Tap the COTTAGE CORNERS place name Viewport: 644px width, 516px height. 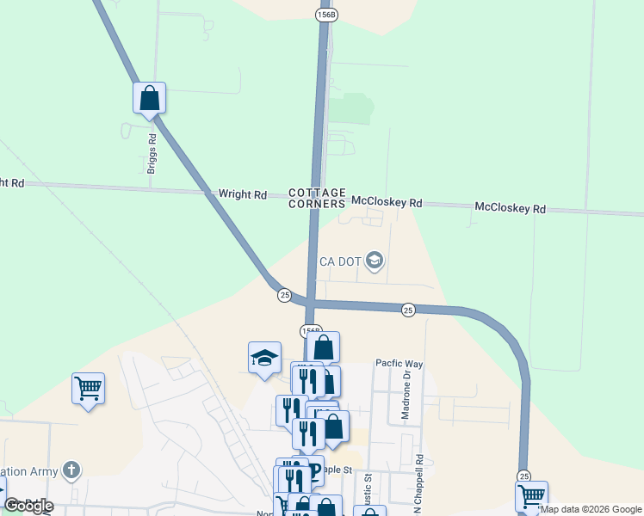[317, 198]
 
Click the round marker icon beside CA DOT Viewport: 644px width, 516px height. [374, 260]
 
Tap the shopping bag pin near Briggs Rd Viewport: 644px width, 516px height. [149, 99]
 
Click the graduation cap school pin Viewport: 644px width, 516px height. [264, 359]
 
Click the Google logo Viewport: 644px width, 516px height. [28, 506]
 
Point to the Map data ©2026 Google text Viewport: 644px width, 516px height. [591, 510]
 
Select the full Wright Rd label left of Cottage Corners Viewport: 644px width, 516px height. [242, 195]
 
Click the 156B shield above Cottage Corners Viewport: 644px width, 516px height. [325, 15]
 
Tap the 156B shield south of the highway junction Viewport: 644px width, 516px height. [311, 330]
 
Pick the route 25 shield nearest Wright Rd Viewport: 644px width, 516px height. [284, 295]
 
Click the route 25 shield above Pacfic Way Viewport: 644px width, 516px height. [409, 310]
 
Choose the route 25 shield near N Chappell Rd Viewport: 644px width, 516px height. [523, 476]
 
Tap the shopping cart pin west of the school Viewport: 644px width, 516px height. [88, 389]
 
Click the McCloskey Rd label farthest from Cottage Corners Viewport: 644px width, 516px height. [511, 209]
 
